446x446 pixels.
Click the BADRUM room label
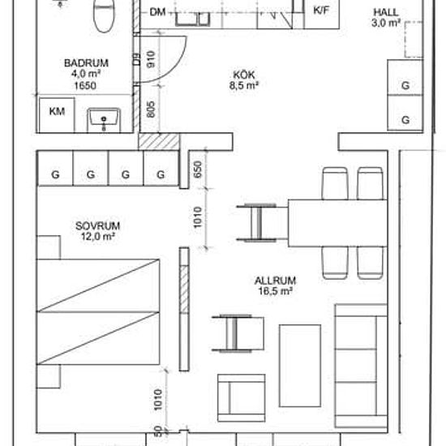click(86, 62)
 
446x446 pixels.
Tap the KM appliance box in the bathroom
click(57, 112)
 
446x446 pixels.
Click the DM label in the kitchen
click(158, 11)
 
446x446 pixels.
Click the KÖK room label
click(242, 71)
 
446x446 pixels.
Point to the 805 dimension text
click(151, 110)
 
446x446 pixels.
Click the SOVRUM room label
click(75, 225)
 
